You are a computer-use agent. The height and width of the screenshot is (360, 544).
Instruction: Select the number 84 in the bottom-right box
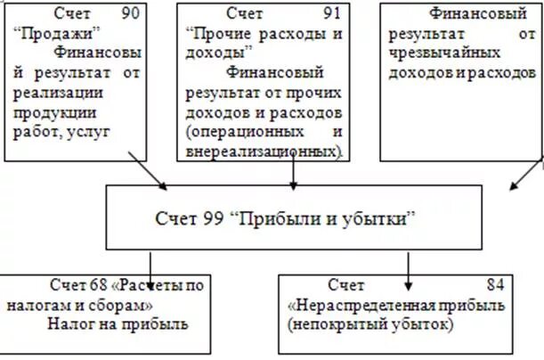click(x=495, y=285)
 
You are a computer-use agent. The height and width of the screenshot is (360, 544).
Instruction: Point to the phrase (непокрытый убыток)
click(x=370, y=324)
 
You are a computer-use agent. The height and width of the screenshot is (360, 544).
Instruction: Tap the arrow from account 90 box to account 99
click(x=147, y=170)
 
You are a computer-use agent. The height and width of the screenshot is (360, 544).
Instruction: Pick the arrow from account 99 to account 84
click(x=408, y=270)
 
